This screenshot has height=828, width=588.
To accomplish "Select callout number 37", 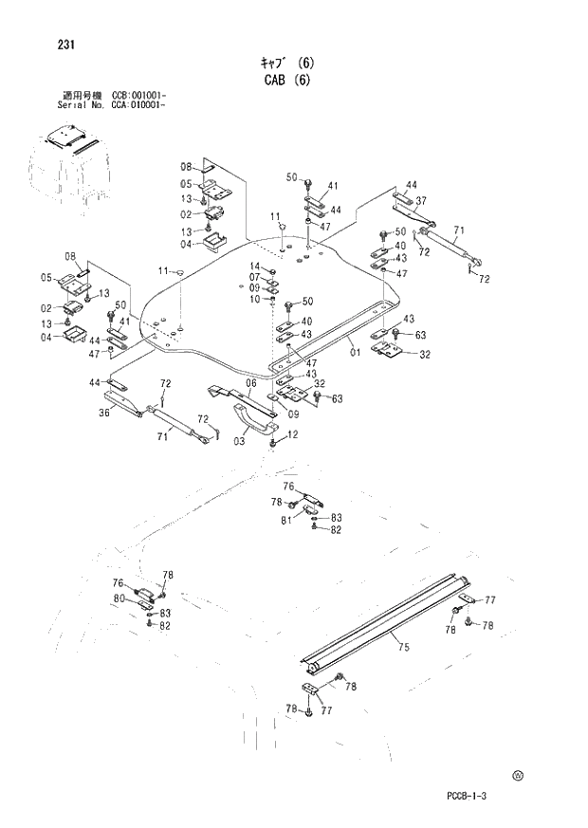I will tap(420, 200).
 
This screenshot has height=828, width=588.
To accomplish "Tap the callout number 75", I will tap(404, 648).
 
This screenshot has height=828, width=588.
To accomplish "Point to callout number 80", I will tap(119, 598).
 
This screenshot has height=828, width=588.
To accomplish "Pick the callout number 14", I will tap(254, 266).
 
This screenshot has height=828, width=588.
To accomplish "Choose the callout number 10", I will tap(254, 299).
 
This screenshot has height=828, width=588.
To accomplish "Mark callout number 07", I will tap(254, 277).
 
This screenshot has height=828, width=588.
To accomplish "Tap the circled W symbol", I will tap(518, 775).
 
